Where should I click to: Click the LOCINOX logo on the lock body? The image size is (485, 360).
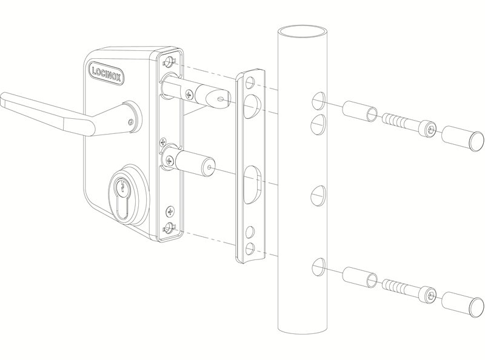point(107,74)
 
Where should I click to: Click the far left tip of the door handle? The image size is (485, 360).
point(1,98)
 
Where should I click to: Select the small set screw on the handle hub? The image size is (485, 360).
point(131,122)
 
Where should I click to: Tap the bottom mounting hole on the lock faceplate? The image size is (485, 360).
point(169,228)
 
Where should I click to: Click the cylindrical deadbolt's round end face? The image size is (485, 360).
point(209,168)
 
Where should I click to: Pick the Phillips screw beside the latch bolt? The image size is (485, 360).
point(189,94)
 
